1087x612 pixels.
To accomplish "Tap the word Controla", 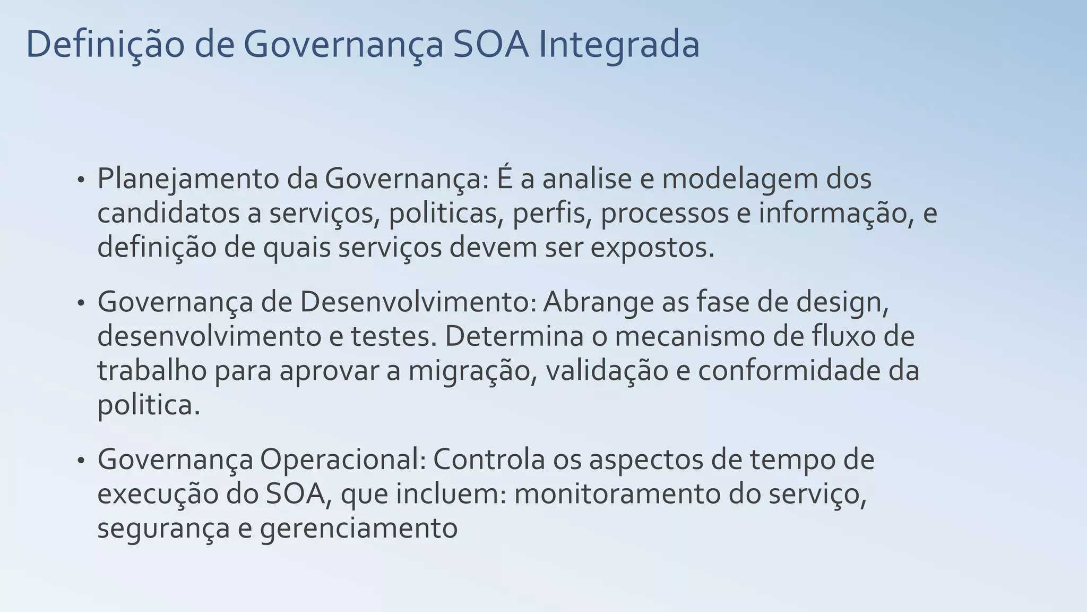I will tap(489, 460).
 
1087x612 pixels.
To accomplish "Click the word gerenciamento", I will tap(359, 529).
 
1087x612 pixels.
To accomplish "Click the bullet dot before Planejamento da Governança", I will tap(81, 180).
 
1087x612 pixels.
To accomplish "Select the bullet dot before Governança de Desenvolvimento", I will tap(81, 303).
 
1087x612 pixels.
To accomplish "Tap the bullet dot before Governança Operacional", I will tap(81, 461).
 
